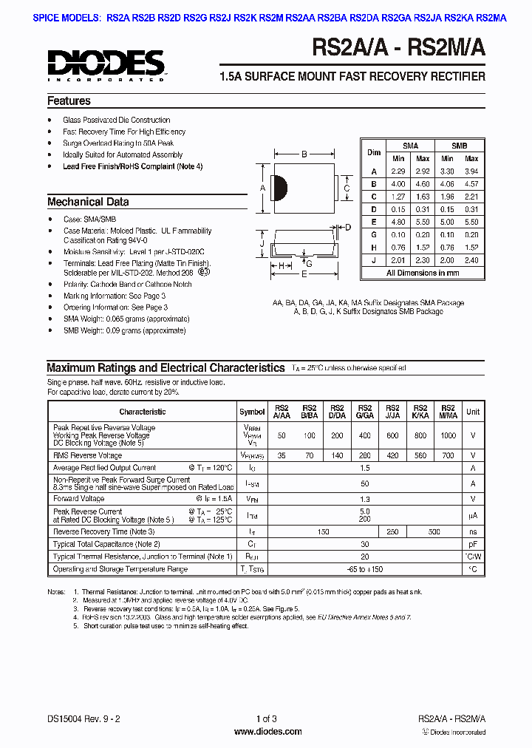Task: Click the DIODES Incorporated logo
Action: coord(106,64)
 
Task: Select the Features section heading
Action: coord(69,101)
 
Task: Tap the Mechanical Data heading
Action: coord(88,202)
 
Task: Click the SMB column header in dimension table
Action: coord(460,146)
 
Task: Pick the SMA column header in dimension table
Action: coord(410,146)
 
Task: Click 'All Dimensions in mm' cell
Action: coord(422,273)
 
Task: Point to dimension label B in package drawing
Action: coord(304,154)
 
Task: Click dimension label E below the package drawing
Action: coord(304,274)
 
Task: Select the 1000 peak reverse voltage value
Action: coord(447,436)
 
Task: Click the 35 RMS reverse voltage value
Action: coord(282,456)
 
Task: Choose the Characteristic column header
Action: coord(142,412)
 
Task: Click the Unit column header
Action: coord(473,412)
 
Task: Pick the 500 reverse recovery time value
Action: coord(434,531)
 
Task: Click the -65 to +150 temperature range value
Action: coord(364,569)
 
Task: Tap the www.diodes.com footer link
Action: coord(267,732)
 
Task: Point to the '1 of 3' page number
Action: coord(267,719)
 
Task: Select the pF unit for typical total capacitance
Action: coord(473,544)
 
